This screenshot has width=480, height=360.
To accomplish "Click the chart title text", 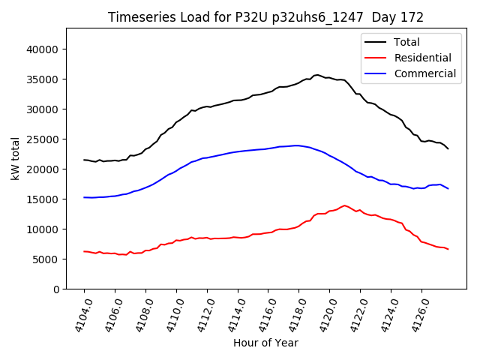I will click(265, 17).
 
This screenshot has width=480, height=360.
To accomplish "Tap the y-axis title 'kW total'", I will click(16, 159).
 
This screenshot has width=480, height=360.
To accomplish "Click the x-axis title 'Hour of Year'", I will click(265, 343).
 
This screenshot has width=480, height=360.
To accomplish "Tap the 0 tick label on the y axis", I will click(56, 289).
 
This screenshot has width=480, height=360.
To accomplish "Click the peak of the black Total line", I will click(317, 75).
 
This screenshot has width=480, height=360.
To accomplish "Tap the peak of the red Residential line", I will click(345, 205).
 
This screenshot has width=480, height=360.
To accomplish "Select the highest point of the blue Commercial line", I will click(297, 145).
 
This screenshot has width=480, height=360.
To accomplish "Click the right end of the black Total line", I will click(448, 148).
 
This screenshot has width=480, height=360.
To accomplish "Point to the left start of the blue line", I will click(84, 197).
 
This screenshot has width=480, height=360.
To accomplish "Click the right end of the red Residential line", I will click(448, 249).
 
